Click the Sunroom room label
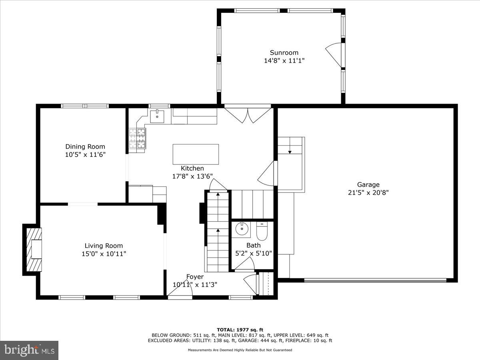[284, 52]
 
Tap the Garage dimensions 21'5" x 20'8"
[368, 192]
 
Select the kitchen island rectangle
[196, 154]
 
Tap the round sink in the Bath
[242, 230]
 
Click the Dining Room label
[85, 147]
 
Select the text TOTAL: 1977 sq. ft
[240, 330]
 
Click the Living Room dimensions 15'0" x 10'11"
[104, 254]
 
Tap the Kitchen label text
[192, 168]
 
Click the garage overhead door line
[375, 280]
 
